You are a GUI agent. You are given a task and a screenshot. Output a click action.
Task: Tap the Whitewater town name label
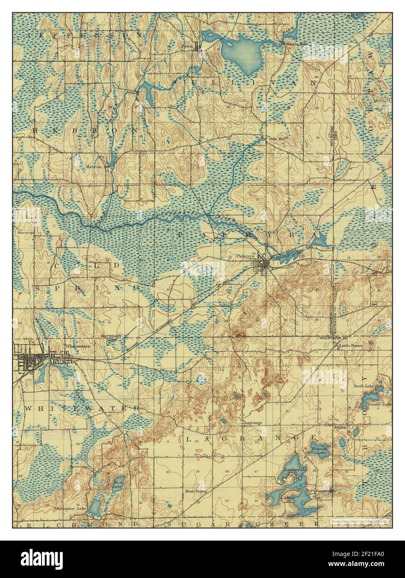click(x=75, y=346)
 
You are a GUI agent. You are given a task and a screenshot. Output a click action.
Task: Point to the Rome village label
click(x=187, y=46)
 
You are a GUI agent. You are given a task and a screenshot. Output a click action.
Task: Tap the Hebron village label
click(x=94, y=166)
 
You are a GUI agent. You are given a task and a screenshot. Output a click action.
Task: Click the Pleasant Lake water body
click(x=319, y=450)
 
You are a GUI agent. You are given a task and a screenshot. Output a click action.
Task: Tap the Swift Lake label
click(x=361, y=386)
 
